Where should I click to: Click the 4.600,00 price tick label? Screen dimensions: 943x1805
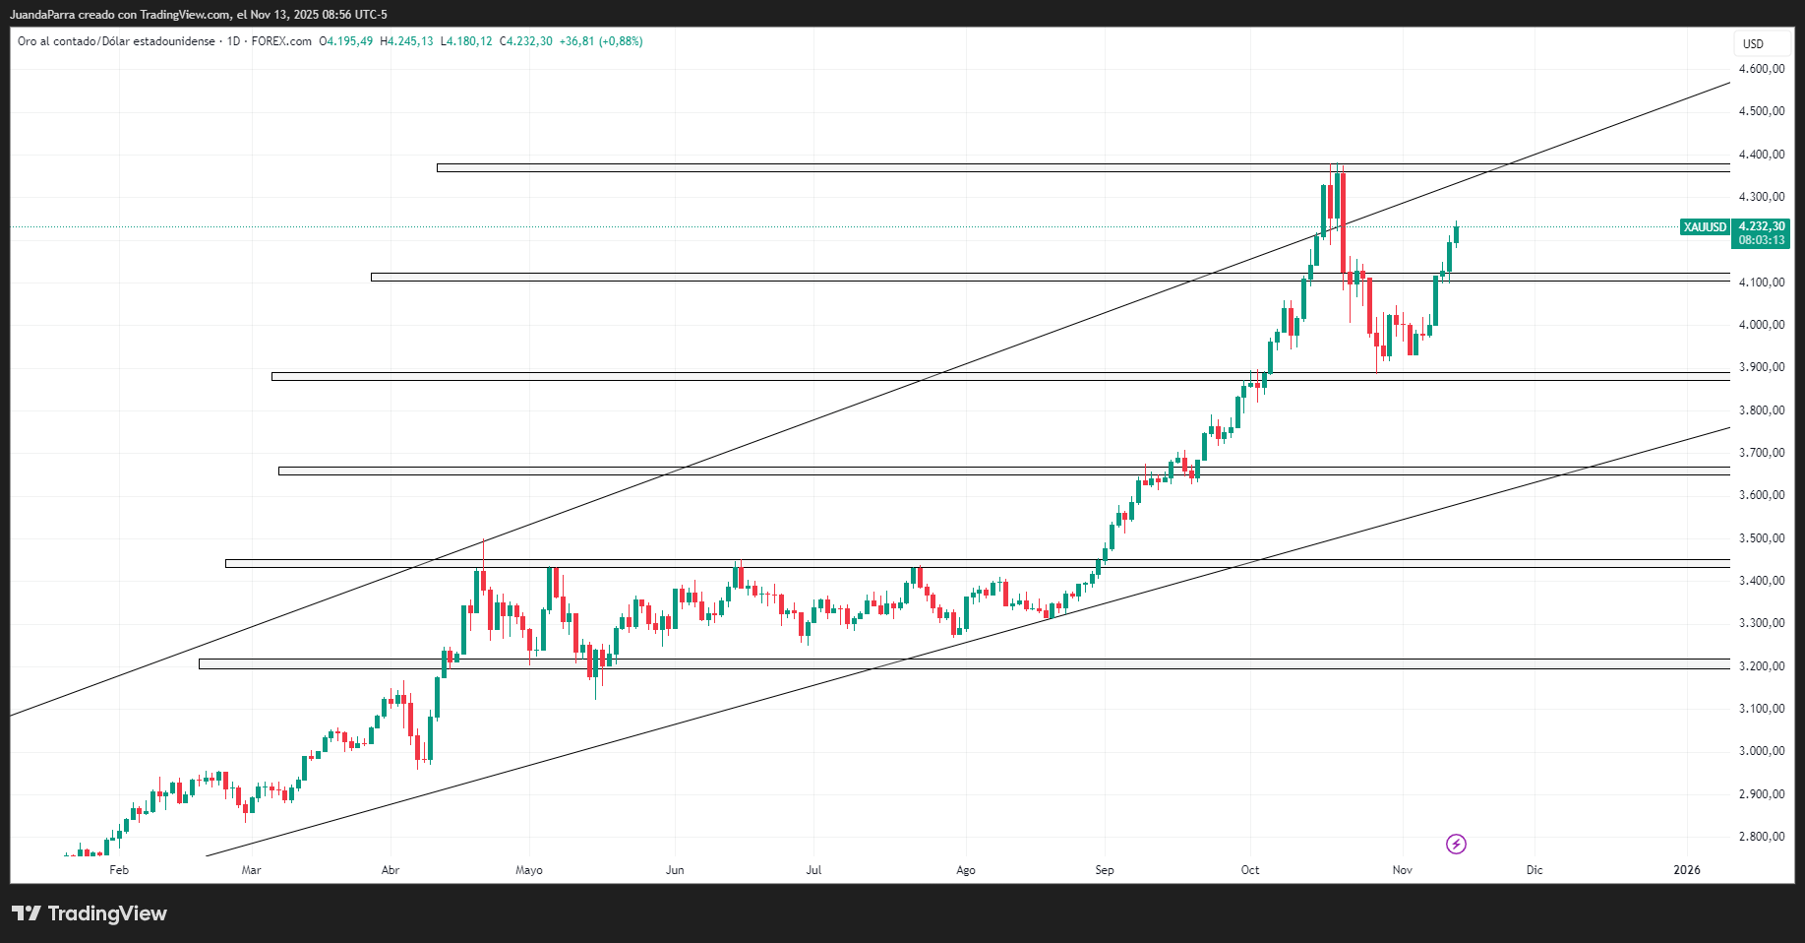pyautogui.click(x=1761, y=69)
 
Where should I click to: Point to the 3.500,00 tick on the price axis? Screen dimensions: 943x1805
pyautogui.click(x=1761, y=538)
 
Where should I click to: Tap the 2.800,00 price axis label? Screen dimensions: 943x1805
pyautogui.click(x=1761, y=837)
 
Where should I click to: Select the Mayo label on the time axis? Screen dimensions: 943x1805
pyautogui.click(x=529, y=870)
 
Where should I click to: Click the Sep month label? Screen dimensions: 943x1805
pyautogui.click(x=1105, y=870)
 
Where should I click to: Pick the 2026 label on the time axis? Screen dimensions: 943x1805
pyautogui.click(x=1687, y=870)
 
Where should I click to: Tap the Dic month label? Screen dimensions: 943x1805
pyautogui.click(x=1534, y=870)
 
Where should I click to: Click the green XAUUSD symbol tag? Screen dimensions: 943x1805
pyautogui.click(x=1705, y=227)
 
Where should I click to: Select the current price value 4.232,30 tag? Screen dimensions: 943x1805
pyautogui.click(x=1762, y=226)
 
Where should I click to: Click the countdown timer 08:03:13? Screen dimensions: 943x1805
pyautogui.click(x=1762, y=240)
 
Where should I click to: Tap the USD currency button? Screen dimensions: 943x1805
pyautogui.click(x=1753, y=44)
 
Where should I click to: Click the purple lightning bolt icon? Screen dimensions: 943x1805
pyautogui.click(x=1456, y=844)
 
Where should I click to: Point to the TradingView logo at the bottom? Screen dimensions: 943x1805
pyautogui.click(x=90, y=913)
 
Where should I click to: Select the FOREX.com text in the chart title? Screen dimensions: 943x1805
pyautogui.click(x=281, y=41)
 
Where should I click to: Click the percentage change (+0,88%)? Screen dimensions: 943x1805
pyautogui.click(x=621, y=41)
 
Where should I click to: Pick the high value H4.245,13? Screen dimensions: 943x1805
pyautogui.click(x=406, y=41)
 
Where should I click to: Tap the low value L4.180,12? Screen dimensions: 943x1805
pyautogui.click(x=466, y=41)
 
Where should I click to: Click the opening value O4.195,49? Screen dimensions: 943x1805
pyautogui.click(x=346, y=41)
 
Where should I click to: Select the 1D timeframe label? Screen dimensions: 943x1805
pyautogui.click(x=233, y=41)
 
